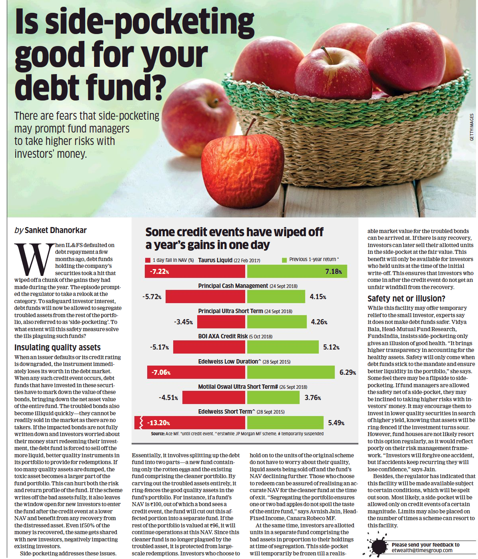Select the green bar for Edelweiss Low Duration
point(291,372)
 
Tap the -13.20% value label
point(158,423)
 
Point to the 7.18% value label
point(334,271)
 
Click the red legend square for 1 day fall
point(148,260)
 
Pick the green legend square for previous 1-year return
point(284,260)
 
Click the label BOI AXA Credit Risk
point(223,336)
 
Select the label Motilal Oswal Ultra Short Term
point(238,387)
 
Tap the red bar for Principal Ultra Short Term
point(221,322)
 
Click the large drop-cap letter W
point(34,259)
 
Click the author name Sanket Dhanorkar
point(56,230)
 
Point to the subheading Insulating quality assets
point(57,348)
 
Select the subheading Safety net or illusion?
point(406,299)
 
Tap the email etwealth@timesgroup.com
point(422,551)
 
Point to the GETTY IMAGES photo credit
point(472,127)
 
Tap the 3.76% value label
point(312,398)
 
